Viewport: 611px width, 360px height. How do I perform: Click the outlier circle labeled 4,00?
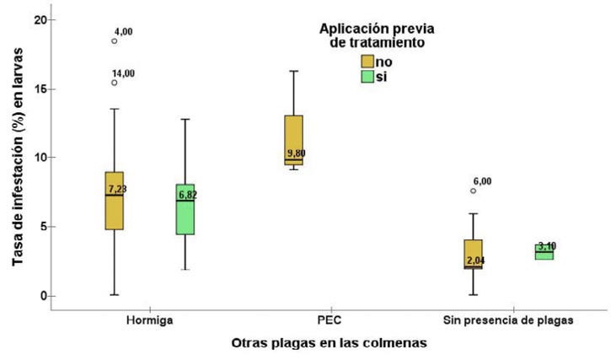pos(115,40)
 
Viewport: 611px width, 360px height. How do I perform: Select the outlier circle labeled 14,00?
pos(115,83)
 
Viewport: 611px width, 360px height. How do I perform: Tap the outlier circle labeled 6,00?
pos(474,191)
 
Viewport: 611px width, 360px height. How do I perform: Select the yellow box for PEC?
pos(293,139)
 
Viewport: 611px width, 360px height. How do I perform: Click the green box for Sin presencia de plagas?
pos(544,251)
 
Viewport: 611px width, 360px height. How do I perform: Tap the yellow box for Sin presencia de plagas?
pos(474,254)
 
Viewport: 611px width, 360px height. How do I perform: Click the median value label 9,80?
pos(297,153)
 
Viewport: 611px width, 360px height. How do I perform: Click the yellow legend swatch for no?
pos(367,62)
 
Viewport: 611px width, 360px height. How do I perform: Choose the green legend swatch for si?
pos(367,77)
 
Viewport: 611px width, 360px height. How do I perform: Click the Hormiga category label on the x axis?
pos(149,321)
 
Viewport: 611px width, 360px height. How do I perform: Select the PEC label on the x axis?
pos(329,321)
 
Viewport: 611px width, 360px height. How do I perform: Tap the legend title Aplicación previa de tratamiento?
pos(383,34)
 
